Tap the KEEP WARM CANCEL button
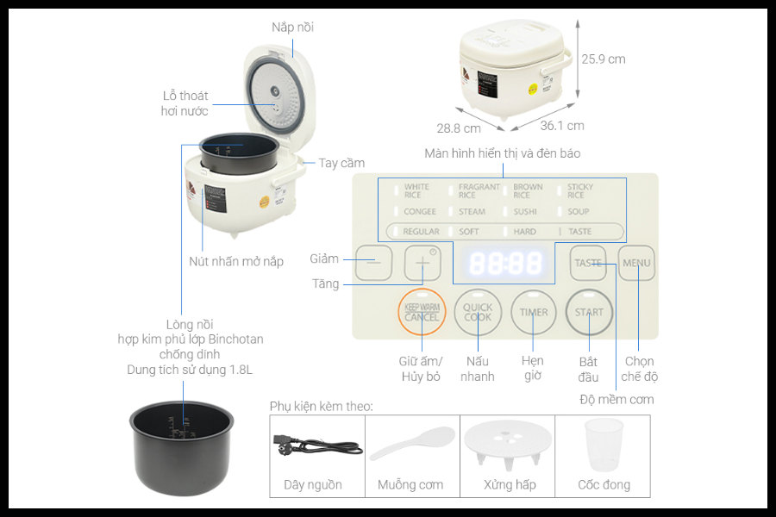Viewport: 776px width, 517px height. pyautogui.click(x=422, y=312)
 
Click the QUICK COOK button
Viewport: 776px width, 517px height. pyautogui.click(x=478, y=312)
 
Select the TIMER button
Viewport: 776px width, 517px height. pyautogui.click(x=534, y=312)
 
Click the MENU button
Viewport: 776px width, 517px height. pyautogui.click(x=636, y=263)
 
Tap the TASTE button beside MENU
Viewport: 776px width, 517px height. pyautogui.click(x=588, y=263)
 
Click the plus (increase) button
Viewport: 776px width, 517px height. pyautogui.click(x=422, y=263)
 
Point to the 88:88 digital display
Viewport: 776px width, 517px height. pyautogui.click(x=505, y=263)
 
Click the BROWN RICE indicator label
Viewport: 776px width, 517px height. pyautogui.click(x=528, y=190)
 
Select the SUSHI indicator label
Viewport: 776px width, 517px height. pyautogui.click(x=525, y=211)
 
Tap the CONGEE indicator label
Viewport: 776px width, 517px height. pyautogui.click(x=419, y=211)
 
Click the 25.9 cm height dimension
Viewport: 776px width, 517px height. pyautogui.click(x=603, y=59)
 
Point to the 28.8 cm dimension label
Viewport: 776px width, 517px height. pyautogui.click(x=459, y=128)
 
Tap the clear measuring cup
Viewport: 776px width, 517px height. pyautogui.click(x=604, y=443)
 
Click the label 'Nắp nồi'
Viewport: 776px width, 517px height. pyautogui.click(x=292, y=28)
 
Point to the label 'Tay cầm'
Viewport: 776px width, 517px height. pyautogui.click(x=341, y=163)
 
